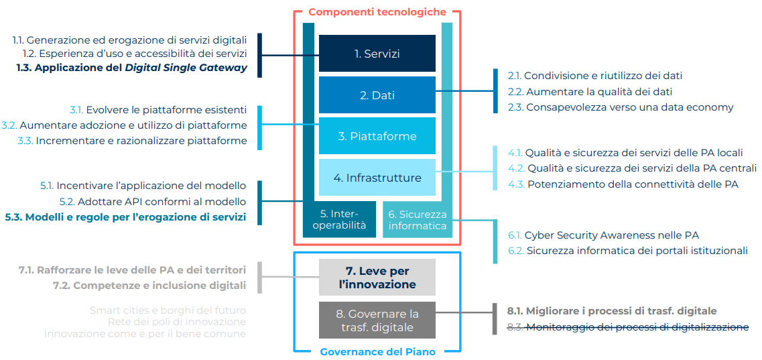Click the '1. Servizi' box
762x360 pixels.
(377, 54)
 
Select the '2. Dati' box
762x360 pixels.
(377, 95)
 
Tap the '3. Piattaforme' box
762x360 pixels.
(377, 136)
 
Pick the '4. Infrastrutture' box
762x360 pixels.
(377, 178)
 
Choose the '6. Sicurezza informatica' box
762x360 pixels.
(417, 220)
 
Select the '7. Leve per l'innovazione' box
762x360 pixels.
(377, 278)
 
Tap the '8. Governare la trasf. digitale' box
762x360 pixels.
(377, 320)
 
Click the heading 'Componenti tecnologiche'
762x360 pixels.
(377, 12)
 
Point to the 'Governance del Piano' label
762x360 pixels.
(377, 351)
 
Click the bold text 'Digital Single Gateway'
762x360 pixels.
(186, 68)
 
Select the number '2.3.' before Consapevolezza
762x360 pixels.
(515, 107)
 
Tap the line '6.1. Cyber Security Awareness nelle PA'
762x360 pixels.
(603, 235)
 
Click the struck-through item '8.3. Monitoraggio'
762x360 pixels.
(628, 327)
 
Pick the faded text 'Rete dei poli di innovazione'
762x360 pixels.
(176, 322)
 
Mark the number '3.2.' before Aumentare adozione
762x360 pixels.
(9, 125)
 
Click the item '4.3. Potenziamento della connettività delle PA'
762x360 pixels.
(623, 184)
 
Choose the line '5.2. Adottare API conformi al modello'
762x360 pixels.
(153, 201)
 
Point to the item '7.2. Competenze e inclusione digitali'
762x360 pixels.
(149, 286)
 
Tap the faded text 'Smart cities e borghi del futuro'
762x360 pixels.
(168, 310)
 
